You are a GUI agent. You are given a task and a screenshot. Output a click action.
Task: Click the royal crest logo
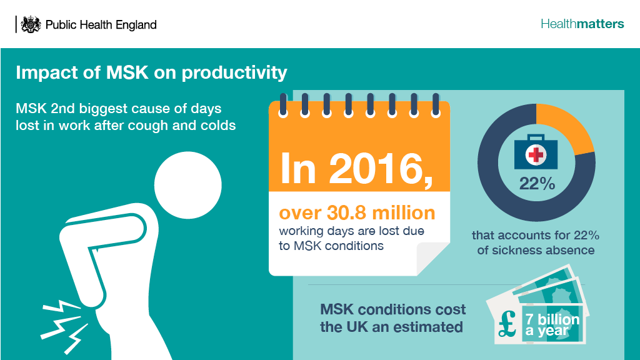pyautogui.click(x=31, y=24)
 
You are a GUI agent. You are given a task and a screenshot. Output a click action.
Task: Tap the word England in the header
pyautogui.click(x=136, y=25)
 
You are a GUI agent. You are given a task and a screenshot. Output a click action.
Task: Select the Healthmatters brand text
pyautogui.click(x=582, y=24)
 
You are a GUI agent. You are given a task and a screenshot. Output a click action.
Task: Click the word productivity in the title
pyautogui.click(x=234, y=73)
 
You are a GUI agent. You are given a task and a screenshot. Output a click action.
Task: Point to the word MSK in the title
pyautogui.click(x=127, y=72)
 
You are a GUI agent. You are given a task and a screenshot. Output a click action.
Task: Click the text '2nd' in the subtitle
pyautogui.click(x=62, y=109)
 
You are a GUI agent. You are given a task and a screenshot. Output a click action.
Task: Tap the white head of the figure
pyautogui.click(x=187, y=185)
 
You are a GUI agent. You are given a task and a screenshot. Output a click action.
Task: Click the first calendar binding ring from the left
pyautogui.click(x=283, y=105)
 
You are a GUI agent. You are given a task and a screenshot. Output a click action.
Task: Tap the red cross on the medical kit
pyautogui.click(x=536, y=155)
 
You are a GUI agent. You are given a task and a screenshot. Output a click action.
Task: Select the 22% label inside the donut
pyautogui.click(x=537, y=184)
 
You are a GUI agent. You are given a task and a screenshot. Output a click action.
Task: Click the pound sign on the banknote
pyautogui.click(x=508, y=324)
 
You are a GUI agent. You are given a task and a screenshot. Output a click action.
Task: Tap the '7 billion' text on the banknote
pyautogui.click(x=552, y=319)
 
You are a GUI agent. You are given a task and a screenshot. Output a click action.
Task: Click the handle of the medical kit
pyautogui.click(x=536, y=137)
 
